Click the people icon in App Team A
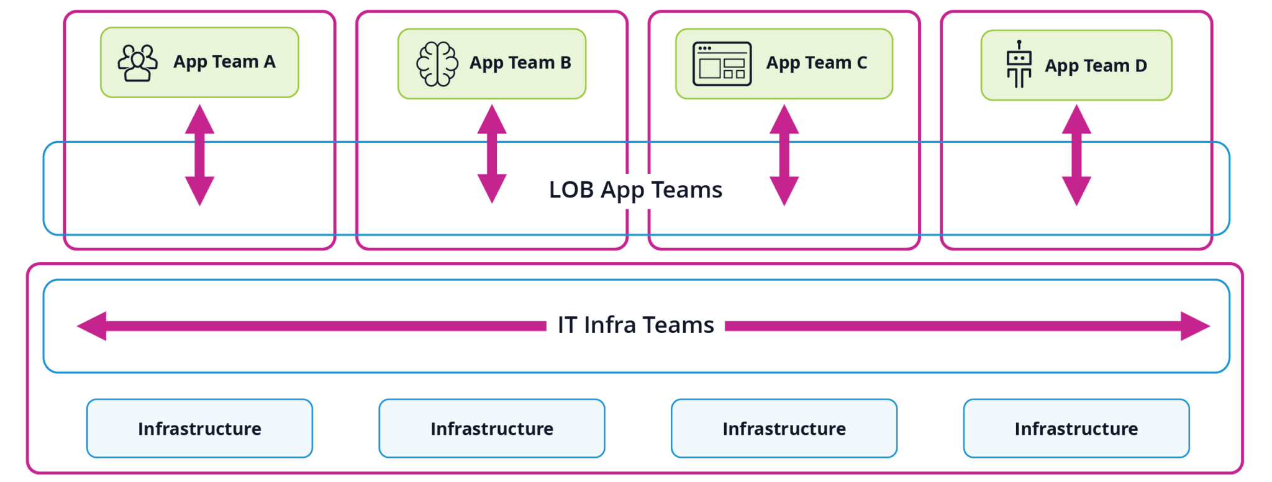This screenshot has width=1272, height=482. (137, 63)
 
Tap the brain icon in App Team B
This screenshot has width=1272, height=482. (437, 64)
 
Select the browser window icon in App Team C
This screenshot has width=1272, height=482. (722, 64)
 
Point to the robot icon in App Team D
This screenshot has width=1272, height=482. (1019, 65)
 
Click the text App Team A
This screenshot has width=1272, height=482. (224, 62)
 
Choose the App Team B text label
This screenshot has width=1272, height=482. (520, 63)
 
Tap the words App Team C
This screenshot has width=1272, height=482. (816, 63)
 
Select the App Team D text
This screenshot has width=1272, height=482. (1096, 66)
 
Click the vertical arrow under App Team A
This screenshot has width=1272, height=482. (199, 155)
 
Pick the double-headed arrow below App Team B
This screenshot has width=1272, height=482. (491, 153)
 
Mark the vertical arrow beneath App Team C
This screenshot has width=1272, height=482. (784, 155)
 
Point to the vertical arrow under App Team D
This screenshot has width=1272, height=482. (1076, 155)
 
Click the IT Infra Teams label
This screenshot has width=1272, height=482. (635, 325)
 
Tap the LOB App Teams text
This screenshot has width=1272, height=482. (635, 190)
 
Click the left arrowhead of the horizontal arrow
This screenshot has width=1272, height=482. (92, 326)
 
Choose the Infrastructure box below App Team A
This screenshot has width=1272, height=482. (199, 429)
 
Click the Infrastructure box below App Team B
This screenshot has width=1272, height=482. (491, 429)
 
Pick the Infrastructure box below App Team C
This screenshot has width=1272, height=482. (784, 429)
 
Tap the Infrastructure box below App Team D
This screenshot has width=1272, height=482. (1076, 429)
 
